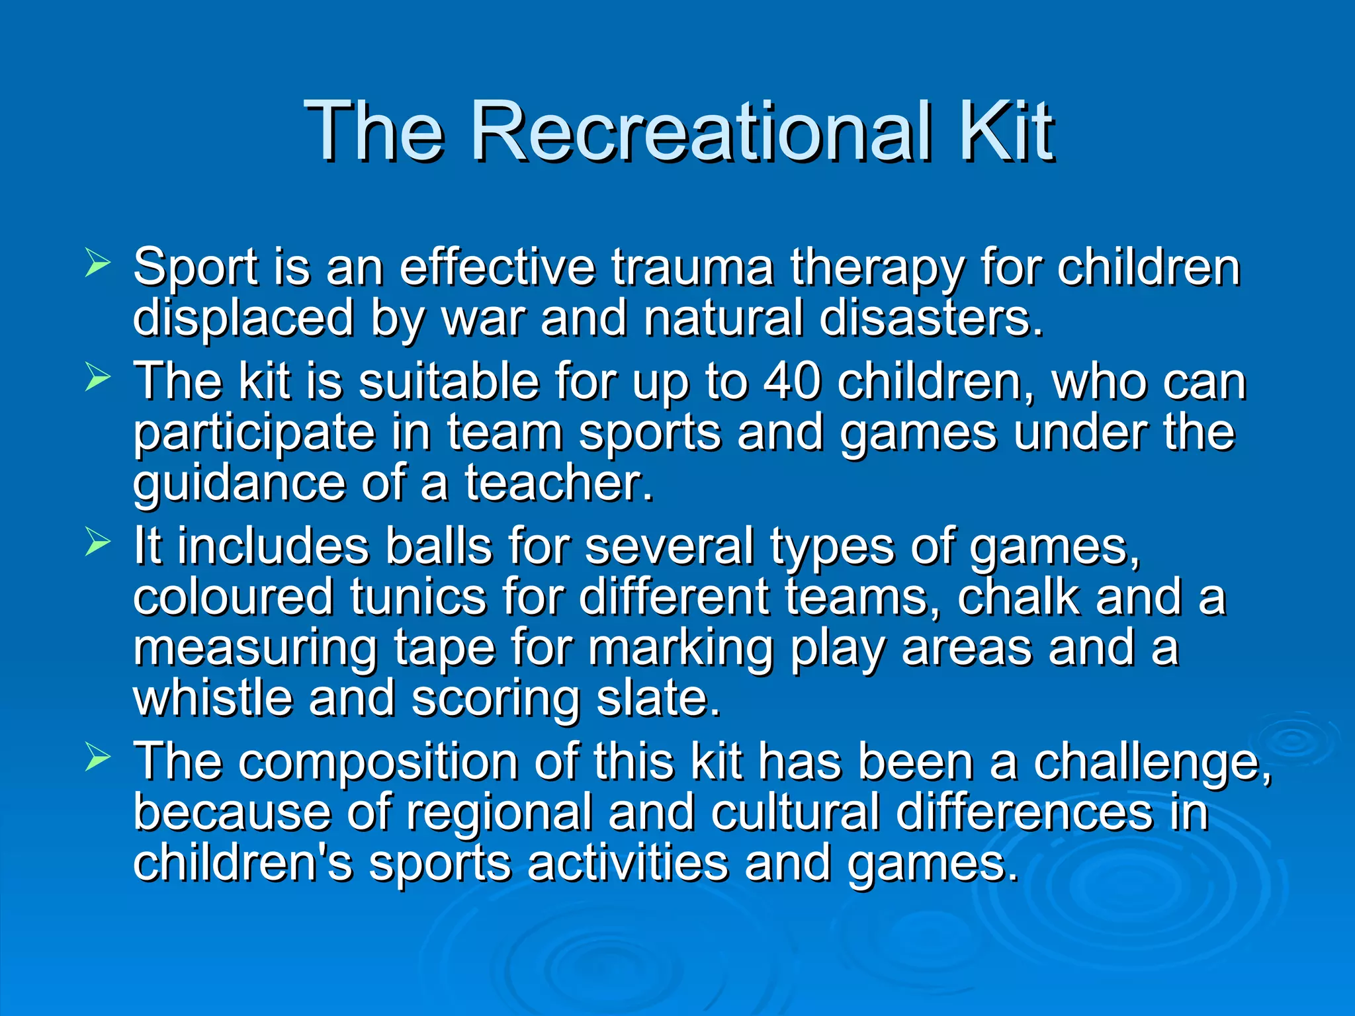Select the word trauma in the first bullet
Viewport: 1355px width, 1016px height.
[x=692, y=268]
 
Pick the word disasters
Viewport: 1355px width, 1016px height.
[x=930, y=318]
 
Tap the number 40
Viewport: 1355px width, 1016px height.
[x=792, y=382]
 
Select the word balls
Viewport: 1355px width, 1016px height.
[x=439, y=547]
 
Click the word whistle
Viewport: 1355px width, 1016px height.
[x=212, y=698]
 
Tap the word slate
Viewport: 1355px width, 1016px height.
[x=658, y=698]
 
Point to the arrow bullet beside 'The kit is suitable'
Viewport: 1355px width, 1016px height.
[x=98, y=378]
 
